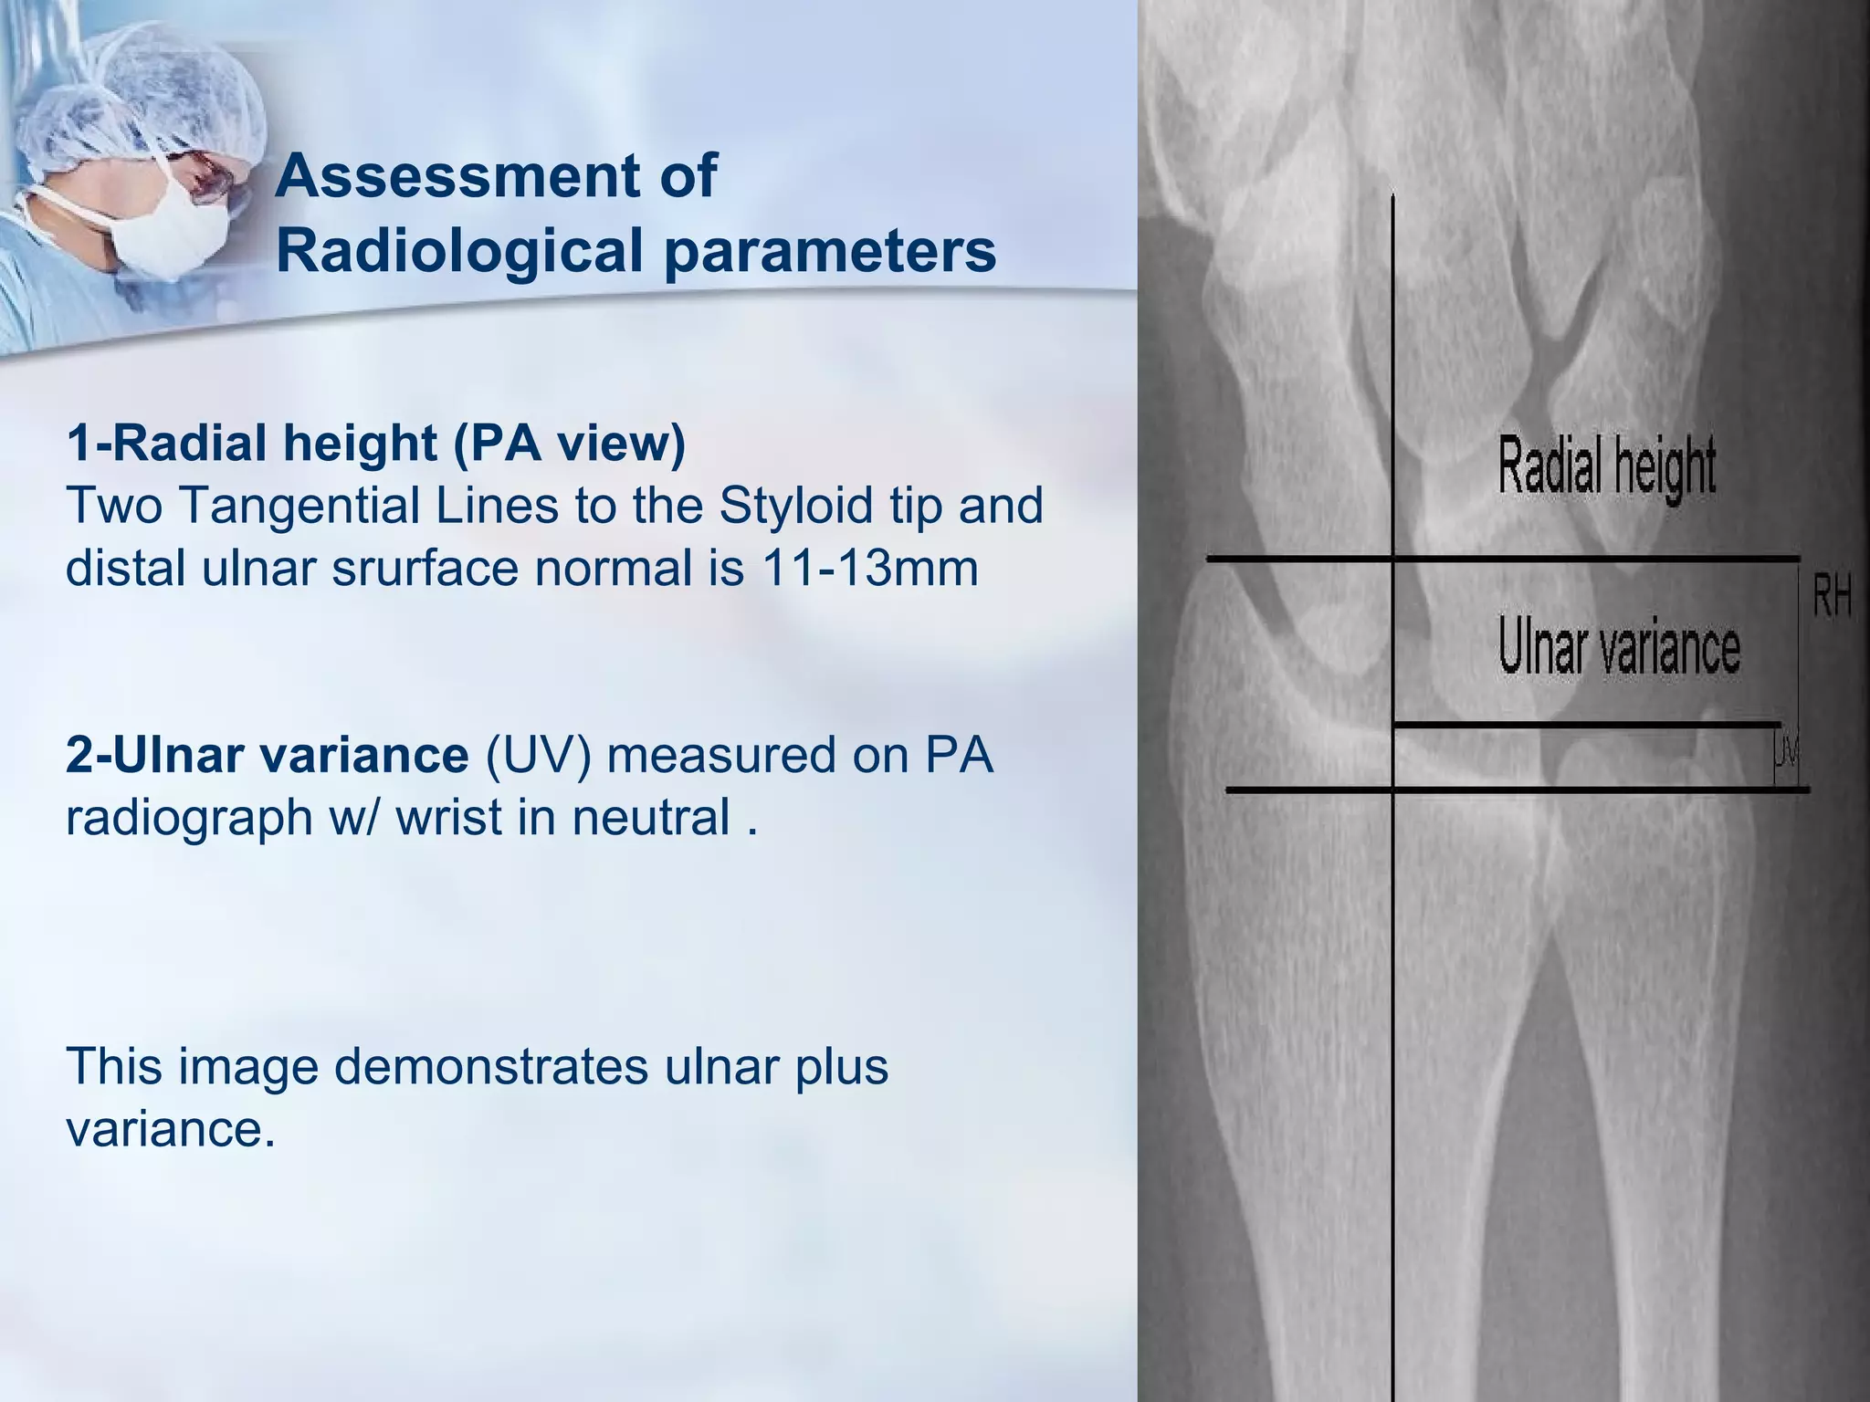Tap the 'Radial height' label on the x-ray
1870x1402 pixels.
pyautogui.click(x=1607, y=466)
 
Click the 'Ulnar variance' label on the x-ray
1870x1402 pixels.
pyautogui.click(x=1619, y=649)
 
